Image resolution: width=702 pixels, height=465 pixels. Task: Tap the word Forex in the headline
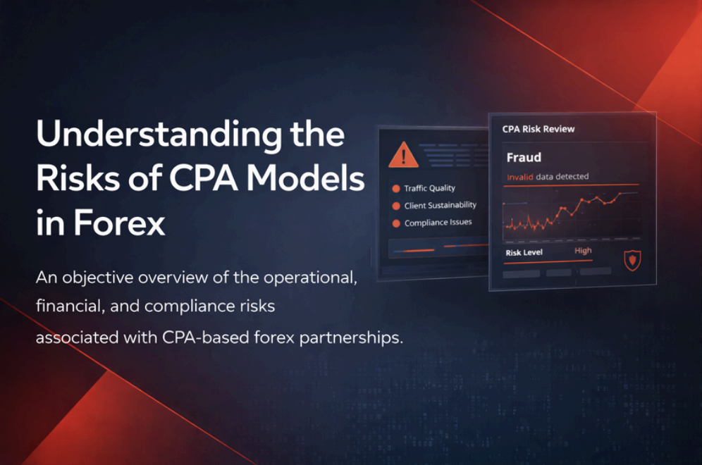point(119,223)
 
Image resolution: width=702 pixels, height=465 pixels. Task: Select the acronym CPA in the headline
point(204,178)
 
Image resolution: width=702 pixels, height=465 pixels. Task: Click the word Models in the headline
point(306,178)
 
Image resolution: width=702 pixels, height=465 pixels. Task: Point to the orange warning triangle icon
point(403,155)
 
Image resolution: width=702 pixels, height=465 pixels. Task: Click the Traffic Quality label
point(429,188)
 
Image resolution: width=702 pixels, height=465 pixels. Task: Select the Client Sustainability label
point(440,206)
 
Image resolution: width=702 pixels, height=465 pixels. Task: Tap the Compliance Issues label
point(438,223)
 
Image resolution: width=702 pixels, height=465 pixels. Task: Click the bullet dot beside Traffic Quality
point(396,189)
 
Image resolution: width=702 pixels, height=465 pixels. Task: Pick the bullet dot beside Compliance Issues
point(396,223)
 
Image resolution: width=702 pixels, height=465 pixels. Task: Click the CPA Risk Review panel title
point(538,129)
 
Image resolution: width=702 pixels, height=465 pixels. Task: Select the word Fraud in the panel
point(524,158)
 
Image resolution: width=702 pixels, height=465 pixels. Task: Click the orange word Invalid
point(519,177)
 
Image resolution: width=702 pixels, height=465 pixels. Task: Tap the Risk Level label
point(524,252)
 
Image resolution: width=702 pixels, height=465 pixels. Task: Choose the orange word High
point(583,251)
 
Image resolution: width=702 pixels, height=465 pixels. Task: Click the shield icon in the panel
point(632,261)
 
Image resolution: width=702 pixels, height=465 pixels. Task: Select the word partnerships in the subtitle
point(351,338)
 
